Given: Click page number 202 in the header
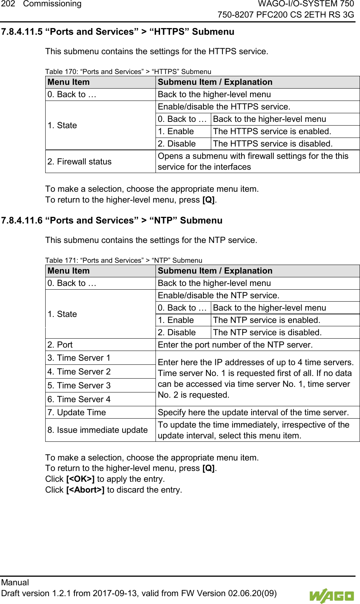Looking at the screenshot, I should pos(7,4).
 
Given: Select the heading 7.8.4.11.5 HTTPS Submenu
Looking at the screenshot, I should pos(117,32).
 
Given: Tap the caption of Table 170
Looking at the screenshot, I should pos(128,71).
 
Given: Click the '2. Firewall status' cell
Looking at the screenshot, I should pos(79,161).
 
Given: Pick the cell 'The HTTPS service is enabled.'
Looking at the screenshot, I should pos(272,131).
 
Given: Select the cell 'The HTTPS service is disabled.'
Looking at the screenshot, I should pos(273,144).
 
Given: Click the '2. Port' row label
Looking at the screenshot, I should pos(60,345).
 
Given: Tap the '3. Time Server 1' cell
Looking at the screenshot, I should pos(79,358).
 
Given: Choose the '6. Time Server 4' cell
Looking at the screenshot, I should pos(79,399).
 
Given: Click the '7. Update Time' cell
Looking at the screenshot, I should pos(77,412).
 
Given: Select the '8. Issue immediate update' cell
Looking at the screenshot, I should pos(97,430).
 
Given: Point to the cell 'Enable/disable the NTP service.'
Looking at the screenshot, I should pos(218,295).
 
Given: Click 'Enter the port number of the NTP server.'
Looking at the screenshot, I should pos(235,345).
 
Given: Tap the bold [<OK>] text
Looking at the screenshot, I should pos(80,479).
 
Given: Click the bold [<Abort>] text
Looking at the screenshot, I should pos(85,490).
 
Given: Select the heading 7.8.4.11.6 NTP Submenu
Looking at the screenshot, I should pos(111,221).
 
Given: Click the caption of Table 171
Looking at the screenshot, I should pos(123,260).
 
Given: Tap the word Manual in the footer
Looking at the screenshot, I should pos(15,582).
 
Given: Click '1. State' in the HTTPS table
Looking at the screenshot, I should pos(62,125).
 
